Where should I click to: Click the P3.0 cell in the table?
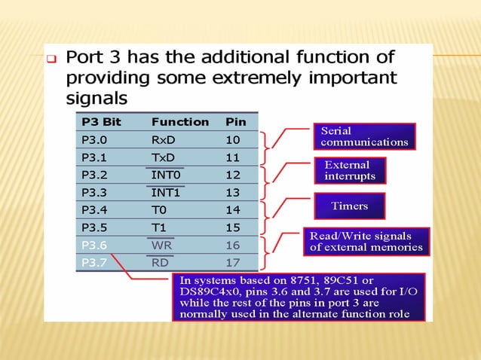pyautogui.click(x=94, y=139)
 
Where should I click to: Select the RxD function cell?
pyautogui.click(x=164, y=139)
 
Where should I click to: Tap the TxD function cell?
pyautogui.click(x=164, y=157)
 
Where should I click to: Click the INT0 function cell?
pyautogui.click(x=166, y=175)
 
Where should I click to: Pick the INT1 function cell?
pyautogui.click(x=166, y=192)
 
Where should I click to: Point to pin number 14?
pyautogui.click(x=233, y=209)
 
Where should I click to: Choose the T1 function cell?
pyautogui.click(x=158, y=227)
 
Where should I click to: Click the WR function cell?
pyautogui.click(x=161, y=245)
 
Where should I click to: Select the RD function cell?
pyautogui.click(x=160, y=263)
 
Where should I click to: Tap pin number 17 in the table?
pyautogui.click(x=233, y=263)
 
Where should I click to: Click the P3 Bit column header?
pyautogui.click(x=101, y=121)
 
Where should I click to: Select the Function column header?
pyautogui.click(x=180, y=121)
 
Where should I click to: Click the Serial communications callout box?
pyautogui.click(x=364, y=136)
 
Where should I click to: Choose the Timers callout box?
pyautogui.click(x=349, y=206)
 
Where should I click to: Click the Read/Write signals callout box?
pyautogui.click(x=366, y=241)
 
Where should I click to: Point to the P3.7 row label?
pyautogui.click(x=94, y=263)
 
